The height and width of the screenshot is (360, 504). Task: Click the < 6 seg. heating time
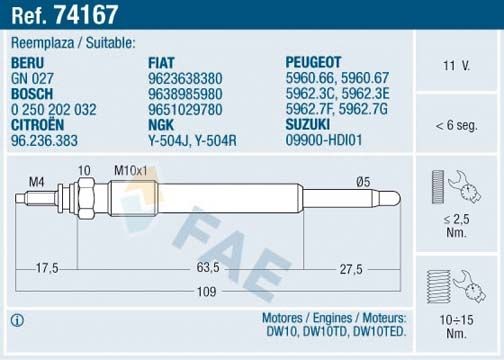pyautogui.click(x=455, y=125)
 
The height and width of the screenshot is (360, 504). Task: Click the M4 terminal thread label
pyautogui.click(x=35, y=181)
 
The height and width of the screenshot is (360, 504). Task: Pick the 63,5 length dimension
pyautogui.click(x=207, y=268)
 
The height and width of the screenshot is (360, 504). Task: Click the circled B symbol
pyautogui.click(x=16, y=321)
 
